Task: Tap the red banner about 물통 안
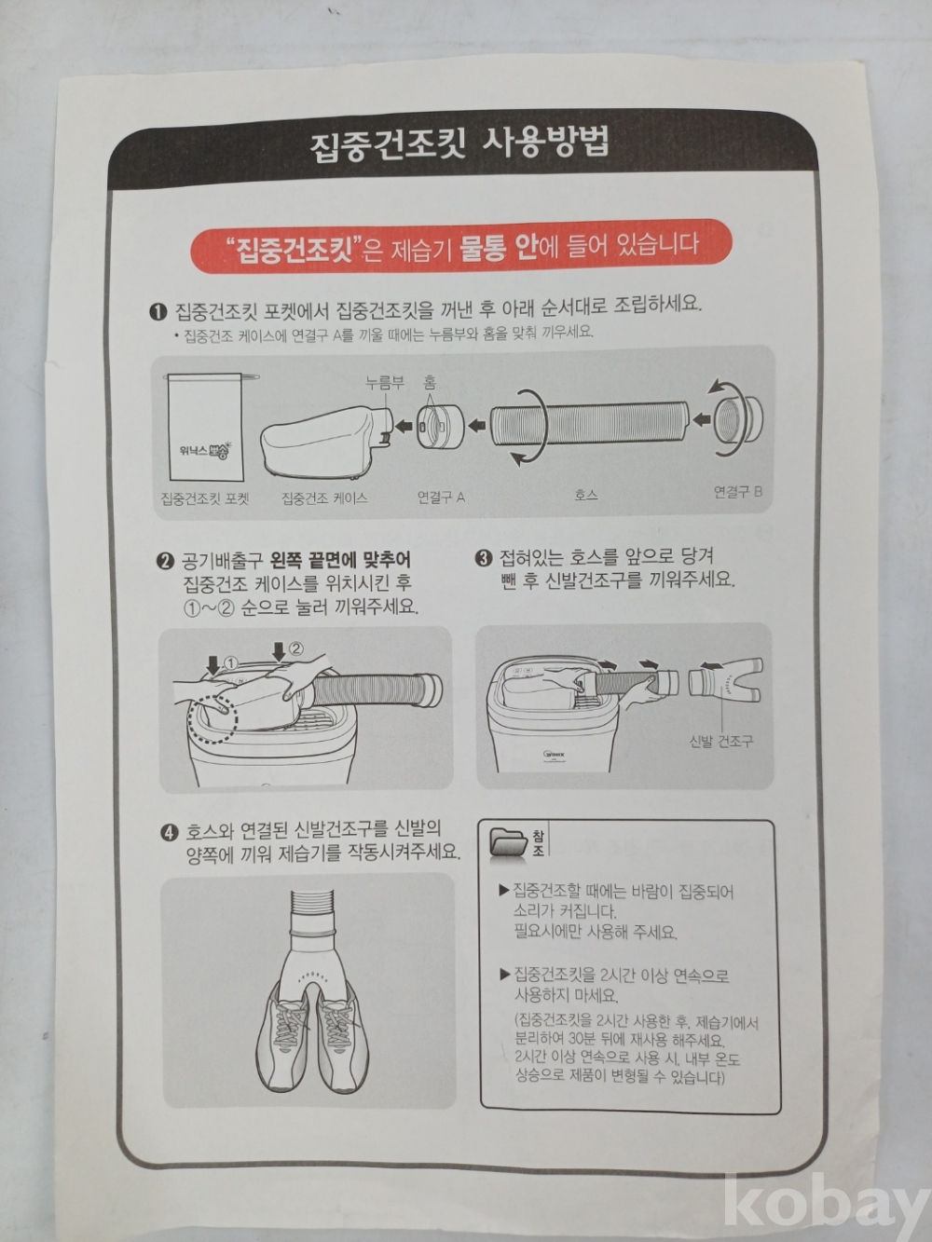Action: [x=460, y=247]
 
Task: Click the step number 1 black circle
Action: [x=158, y=311]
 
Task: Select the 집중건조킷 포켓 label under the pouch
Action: [x=204, y=498]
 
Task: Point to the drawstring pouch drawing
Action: [x=207, y=426]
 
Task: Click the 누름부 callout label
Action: [x=385, y=383]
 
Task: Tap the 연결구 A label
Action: [x=441, y=498]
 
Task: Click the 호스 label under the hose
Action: [x=585, y=495]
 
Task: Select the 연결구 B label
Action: [x=737, y=492]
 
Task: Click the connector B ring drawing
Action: [x=737, y=420]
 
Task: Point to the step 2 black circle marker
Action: [x=165, y=562]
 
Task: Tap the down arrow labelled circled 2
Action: [x=279, y=651]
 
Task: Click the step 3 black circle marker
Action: [x=483, y=558]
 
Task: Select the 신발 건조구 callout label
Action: [x=721, y=742]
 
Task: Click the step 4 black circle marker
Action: [x=170, y=833]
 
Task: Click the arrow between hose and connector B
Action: [x=701, y=420]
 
